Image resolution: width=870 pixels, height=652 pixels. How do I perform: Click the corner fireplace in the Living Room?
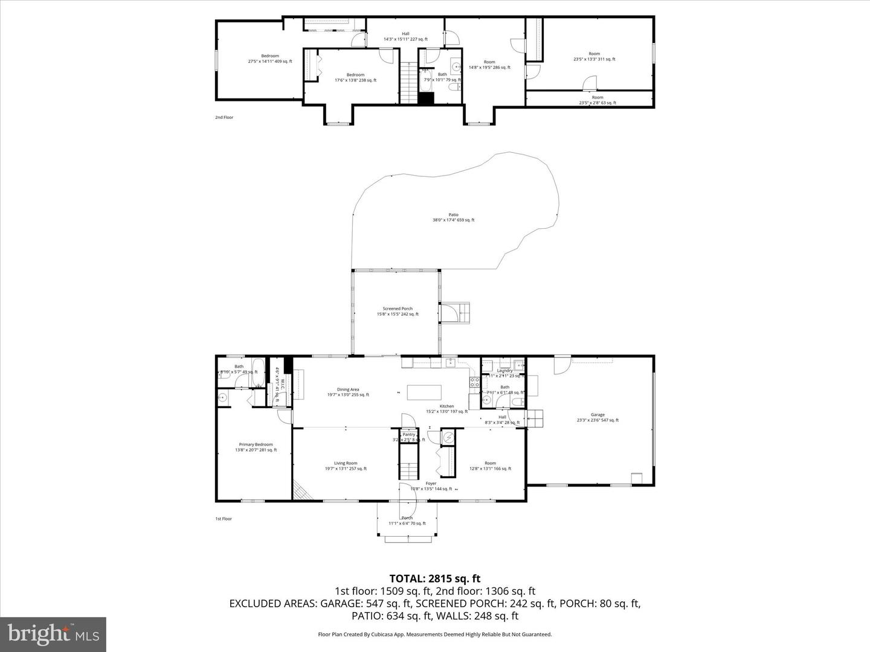(302, 491)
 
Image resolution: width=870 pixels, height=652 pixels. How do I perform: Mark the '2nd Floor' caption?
(224, 117)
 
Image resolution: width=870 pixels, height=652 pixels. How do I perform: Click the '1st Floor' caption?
(224, 519)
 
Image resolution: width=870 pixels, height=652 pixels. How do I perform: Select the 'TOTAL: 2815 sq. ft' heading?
(434, 578)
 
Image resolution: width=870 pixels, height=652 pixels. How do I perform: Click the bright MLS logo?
(53, 634)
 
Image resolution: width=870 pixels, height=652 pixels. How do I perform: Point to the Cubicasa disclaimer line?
(434, 634)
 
